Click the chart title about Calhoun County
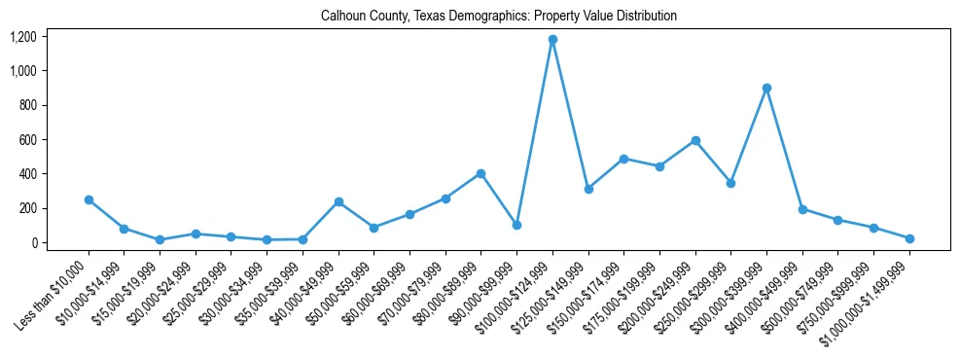coord(498,16)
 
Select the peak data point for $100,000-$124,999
coord(552,40)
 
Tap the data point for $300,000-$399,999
coord(766,88)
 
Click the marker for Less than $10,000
coord(89,199)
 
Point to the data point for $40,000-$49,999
coord(338,201)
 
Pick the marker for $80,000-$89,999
coord(480,173)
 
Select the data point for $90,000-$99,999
coord(516,225)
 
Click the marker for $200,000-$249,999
coord(695,140)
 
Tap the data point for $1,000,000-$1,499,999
coord(909,238)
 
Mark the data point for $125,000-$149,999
coord(588,189)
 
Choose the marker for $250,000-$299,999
coord(730,183)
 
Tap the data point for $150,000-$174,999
coord(623,159)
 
